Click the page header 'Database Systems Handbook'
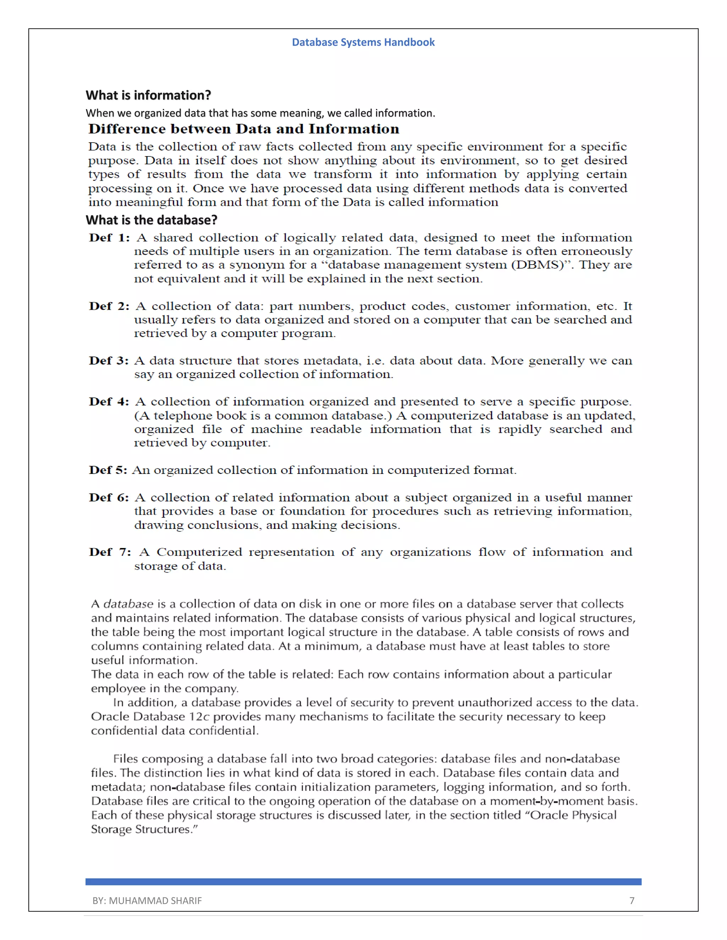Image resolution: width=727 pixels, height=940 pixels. [x=363, y=42]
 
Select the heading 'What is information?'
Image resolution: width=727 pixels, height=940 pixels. [x=148, y=95]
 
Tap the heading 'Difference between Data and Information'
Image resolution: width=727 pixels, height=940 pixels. [x=244, y=129]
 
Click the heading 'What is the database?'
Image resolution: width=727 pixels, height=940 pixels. [x=151, y=220]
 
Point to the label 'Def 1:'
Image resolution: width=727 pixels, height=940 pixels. [x=109, y=238]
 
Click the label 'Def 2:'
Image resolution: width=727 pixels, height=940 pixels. [x=109, y=306]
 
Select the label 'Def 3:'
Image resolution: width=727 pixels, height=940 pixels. [x=109, y=361]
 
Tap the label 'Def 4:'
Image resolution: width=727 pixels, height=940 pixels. [x=109, y=402]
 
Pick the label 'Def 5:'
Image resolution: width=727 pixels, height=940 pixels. [x=108, y=470]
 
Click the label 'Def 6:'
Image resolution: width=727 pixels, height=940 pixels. [x=109, y=498]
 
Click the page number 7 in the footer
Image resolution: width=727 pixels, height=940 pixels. [x=632, y=900]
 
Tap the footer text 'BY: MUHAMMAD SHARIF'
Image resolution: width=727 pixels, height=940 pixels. [x=147, y=900]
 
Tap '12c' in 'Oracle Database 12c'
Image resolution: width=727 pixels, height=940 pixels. [x=199, y=717]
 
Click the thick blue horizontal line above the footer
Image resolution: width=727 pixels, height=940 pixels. [x=363, y=882]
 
